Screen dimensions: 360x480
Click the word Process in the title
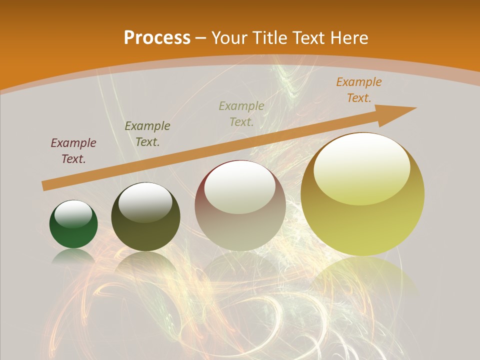pos(157,37)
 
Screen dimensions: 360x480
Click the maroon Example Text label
pos(73,151)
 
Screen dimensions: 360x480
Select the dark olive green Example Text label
pos(147,134)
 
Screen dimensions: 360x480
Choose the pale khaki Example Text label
pos(241,114)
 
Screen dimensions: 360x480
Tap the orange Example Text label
pos(359,90)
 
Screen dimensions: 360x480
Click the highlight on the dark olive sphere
pos(145,202)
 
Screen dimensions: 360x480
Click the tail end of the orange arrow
pos(46,185)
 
